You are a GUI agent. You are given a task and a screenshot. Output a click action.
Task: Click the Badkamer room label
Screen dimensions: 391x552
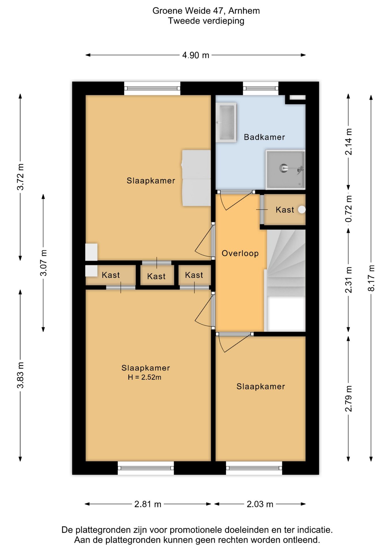click(264, 137)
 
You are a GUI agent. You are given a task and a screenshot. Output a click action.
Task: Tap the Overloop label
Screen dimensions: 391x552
click(240, 253)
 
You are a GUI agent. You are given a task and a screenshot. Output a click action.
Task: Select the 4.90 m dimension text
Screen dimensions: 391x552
click(196, 55)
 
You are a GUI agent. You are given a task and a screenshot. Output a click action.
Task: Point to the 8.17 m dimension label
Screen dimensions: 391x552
click(371, 278)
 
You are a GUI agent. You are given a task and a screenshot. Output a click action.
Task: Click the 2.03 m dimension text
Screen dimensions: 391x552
click(260, 504)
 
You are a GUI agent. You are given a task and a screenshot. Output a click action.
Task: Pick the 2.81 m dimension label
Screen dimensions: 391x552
click(148, 504)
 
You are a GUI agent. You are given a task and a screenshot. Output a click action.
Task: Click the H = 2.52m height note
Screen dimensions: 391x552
click(145, 377)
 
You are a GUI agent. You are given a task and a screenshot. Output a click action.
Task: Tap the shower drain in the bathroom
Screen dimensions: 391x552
click(284, 168)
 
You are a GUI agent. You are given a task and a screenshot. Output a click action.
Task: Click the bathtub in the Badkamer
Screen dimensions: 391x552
click(226, 122)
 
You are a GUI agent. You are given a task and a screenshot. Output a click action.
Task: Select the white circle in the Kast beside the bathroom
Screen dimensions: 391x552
click(301, 210)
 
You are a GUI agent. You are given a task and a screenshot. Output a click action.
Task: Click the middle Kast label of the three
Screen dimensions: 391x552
click(156, 276)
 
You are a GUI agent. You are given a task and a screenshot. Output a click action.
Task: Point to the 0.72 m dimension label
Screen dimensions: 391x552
click(349, 209)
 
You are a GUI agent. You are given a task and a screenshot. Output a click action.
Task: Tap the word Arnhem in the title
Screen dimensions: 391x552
click(244, 11)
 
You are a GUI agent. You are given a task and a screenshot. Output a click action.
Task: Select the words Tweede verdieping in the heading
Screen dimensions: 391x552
click(206, 21)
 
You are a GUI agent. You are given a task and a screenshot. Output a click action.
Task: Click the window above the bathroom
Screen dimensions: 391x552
click(261, 88)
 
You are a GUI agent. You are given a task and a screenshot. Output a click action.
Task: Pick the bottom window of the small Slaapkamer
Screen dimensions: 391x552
click(254, 468)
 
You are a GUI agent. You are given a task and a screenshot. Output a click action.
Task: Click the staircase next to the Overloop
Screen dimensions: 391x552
click(286, 280)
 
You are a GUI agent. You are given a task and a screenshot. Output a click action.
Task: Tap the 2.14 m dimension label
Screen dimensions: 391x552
click(349, 142)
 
